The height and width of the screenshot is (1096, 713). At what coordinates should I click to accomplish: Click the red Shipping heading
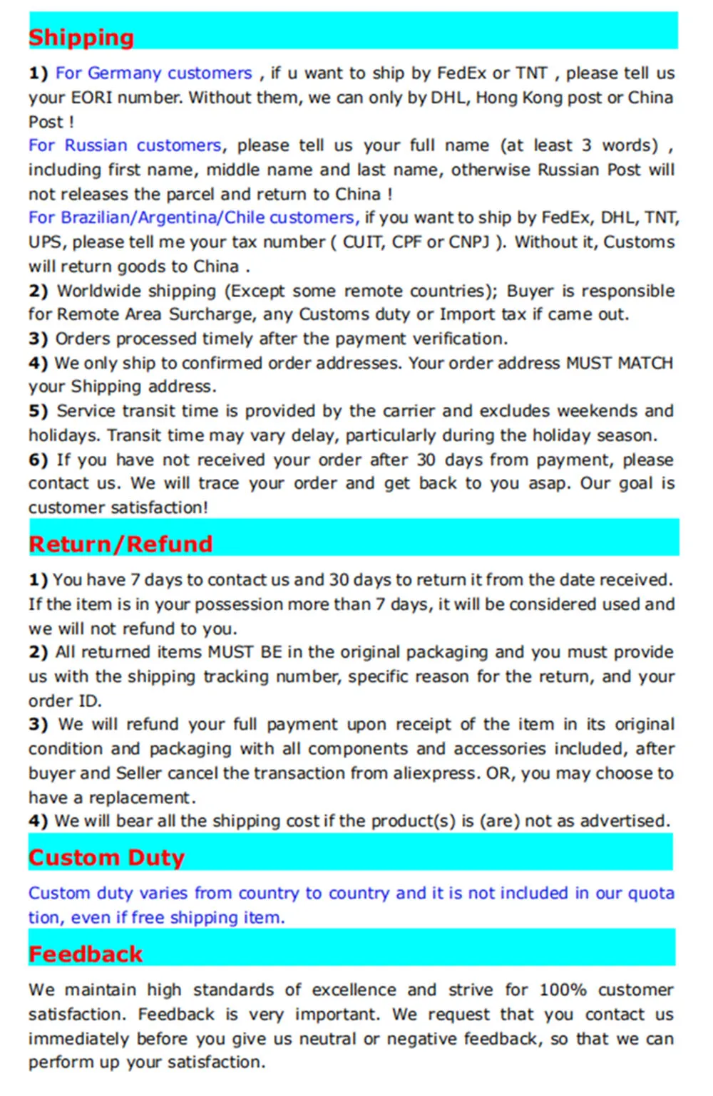[81, 37]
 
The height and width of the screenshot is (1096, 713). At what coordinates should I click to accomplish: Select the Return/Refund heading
[120, 544]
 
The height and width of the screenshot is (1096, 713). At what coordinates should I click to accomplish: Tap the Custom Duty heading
[106, 857]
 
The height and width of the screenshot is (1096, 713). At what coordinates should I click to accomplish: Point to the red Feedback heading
[86, 953]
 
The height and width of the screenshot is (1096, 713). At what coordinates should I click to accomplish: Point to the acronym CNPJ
[470, 242]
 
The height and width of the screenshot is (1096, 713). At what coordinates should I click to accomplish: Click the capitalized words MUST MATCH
[620, 363]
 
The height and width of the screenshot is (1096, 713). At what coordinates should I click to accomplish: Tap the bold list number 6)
[38, 460]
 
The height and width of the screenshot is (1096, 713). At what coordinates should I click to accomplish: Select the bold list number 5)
[38, 411]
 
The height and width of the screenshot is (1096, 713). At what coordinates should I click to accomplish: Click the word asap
[548, 484]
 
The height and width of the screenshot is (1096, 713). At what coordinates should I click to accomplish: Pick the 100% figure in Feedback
[563, 991]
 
